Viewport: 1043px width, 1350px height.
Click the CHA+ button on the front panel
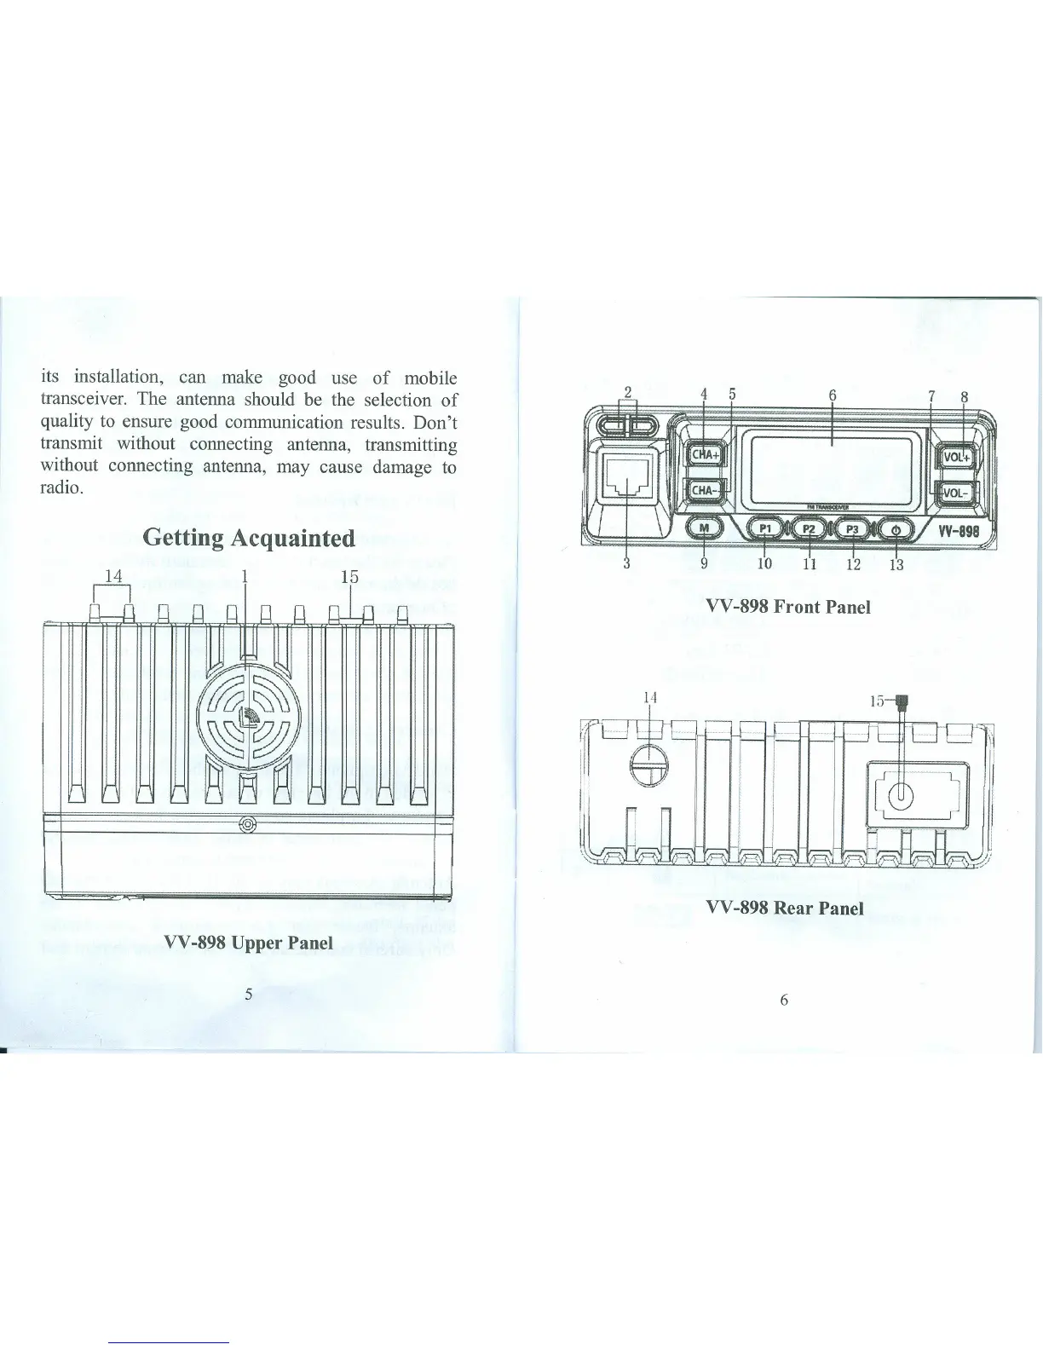pyautogui.click(x=705, y=454)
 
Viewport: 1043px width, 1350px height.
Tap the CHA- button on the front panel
pyautogui.click(x=705, y=490)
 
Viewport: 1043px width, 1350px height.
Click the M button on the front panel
pyautogui.click(x=705, y=529)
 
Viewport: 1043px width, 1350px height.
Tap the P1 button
pyautogui.click(x=765, y=529)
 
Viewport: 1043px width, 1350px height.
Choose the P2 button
pyautogui.click(x=810, y=529)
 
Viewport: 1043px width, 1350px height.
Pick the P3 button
pyautogui.click(x=853, y=529)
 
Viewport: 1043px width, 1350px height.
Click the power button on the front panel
pyautogui.click(x=895, y=529)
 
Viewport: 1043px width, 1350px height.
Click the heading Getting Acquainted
pyautogui.click(x=248, y=538)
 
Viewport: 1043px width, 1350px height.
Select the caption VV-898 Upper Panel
pyautogui.click(x=248, y=943)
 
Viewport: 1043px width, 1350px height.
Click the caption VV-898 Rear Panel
pyautogui.click(x=785, y=908)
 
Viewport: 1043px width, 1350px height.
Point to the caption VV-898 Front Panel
pyautogui.click(x=788, y=607)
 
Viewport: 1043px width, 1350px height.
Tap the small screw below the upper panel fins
pyautogui.click(x=247, y=824)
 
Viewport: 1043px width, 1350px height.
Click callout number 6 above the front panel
pyautogui.click(x=833, y=395)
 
